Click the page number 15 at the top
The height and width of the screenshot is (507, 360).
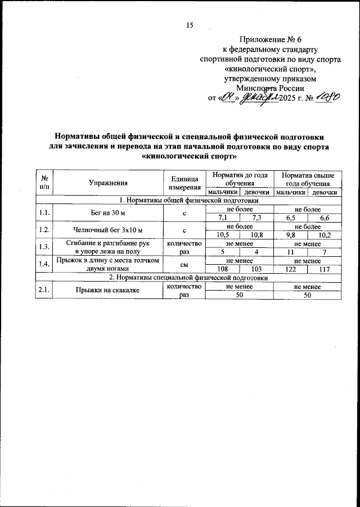(x=190, y=25)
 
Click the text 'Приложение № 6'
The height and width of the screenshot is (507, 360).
(x=270, y=39)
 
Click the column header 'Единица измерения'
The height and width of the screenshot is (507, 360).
(x=184, y=182)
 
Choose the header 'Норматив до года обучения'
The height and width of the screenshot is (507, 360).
(x=239, y=179)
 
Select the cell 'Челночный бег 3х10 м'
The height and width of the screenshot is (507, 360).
(x=108, y=230)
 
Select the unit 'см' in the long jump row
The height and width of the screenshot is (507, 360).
(x=184, y=266)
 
